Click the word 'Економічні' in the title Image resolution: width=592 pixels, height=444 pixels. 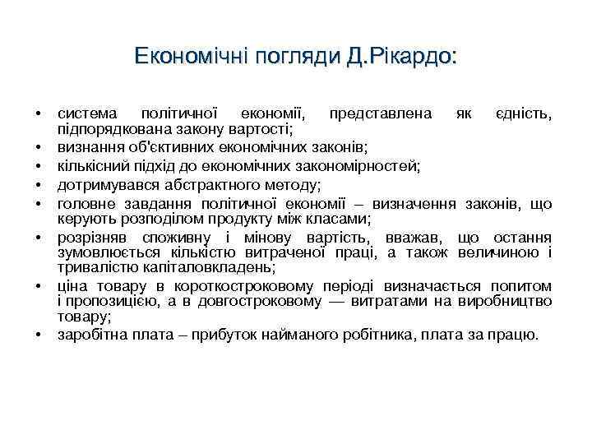(182, 58)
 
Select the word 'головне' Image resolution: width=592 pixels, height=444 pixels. (87, 202)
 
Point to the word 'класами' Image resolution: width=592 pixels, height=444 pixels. (342, 219)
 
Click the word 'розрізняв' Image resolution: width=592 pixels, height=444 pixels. (92, 237)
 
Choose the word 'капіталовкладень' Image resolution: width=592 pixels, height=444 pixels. (213, 268)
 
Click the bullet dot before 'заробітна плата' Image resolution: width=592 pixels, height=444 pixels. (39, 335)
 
